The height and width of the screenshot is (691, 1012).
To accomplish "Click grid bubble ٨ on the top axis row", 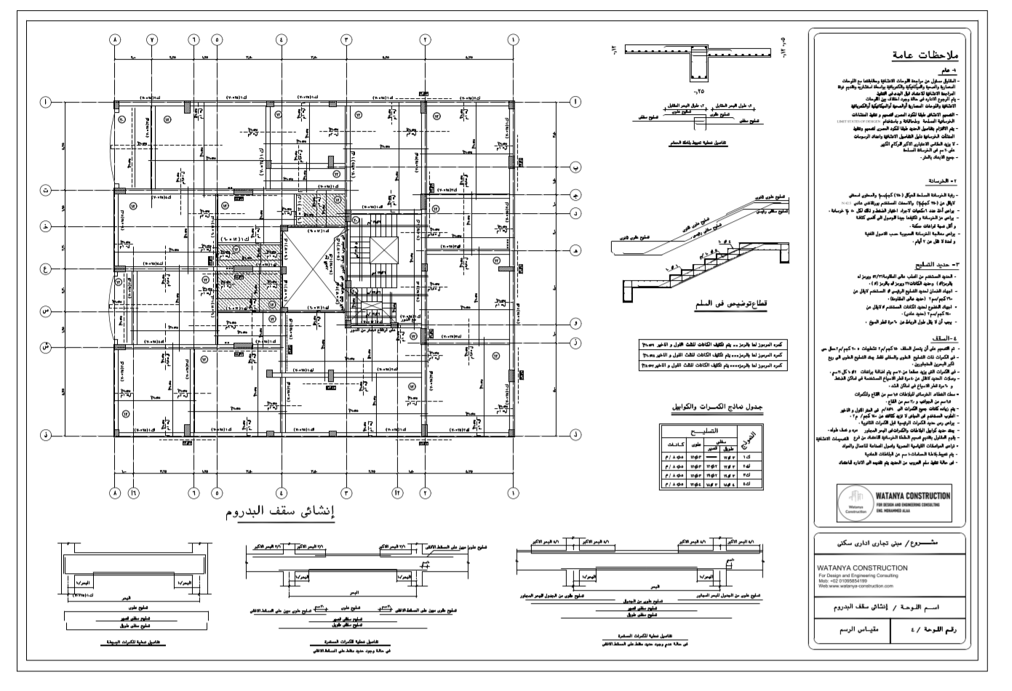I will point(115,40).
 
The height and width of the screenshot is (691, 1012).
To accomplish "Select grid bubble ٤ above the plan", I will point(282,40).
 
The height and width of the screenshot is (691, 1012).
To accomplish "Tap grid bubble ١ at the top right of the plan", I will point(514,40).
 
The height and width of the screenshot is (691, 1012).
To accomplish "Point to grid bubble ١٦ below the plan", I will point(134,492).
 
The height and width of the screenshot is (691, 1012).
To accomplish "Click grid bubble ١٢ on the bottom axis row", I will point(397,492).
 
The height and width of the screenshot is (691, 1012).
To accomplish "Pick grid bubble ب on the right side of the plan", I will point(575,167).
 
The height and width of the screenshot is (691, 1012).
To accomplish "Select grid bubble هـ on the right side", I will point(575,250).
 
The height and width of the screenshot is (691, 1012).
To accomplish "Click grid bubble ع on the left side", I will point(46,269).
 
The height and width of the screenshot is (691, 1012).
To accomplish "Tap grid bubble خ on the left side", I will point(46,227).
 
